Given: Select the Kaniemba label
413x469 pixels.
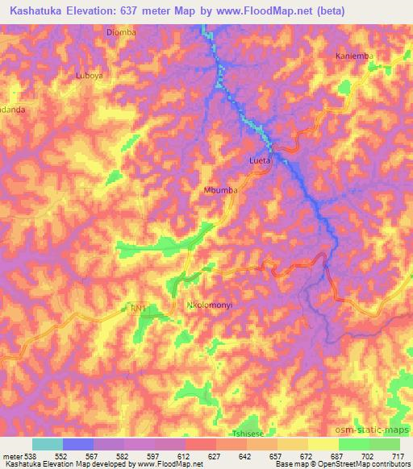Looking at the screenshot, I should point(353,56).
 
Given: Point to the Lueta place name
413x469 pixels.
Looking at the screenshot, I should point(259,162).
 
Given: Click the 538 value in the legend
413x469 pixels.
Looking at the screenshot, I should point(28,455).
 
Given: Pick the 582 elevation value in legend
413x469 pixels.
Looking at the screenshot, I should point(121,455).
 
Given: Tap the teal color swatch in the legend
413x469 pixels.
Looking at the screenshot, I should point(48,444).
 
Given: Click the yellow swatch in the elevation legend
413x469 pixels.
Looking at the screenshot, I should point(323,444).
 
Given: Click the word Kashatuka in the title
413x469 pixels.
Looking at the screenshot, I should point(41,10).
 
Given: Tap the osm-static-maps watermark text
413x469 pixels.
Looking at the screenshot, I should point(378,430).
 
